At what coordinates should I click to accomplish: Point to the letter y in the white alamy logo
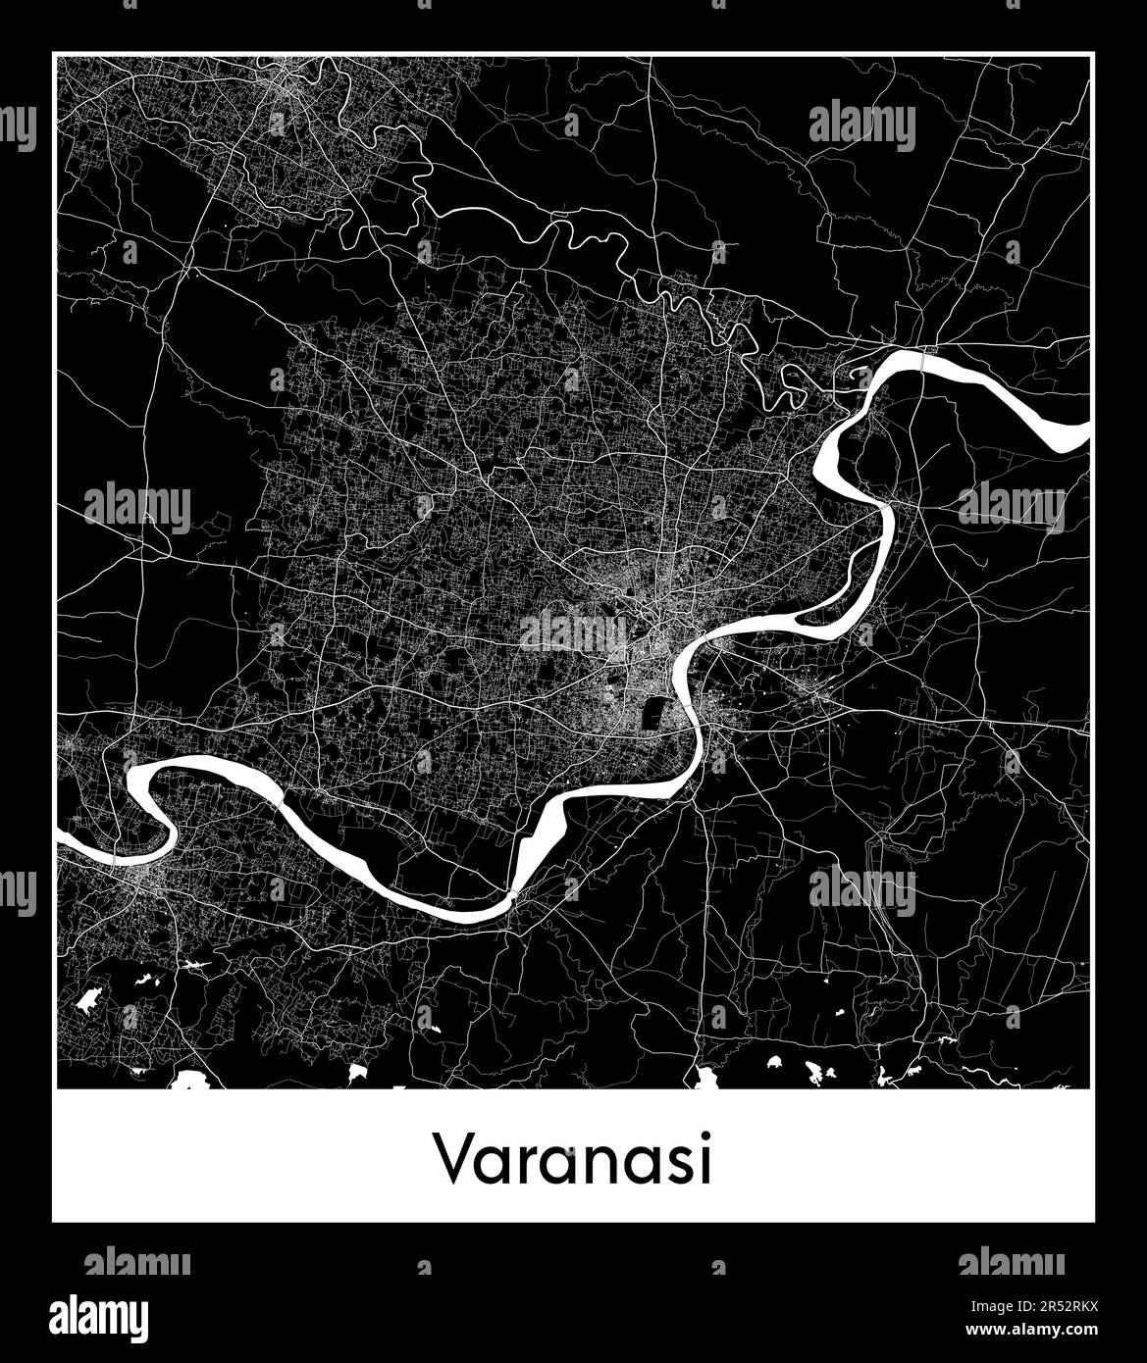coord(138,1319)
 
